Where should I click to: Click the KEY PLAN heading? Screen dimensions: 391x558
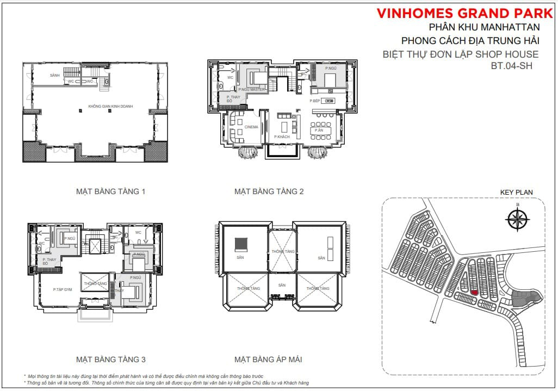point(516,192)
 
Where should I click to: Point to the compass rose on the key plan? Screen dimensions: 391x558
point(518,219)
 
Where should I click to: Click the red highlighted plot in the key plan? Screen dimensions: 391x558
point(474,293)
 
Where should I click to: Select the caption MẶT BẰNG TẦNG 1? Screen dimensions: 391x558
point(110,191)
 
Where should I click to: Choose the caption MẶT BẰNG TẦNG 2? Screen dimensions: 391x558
point(269,191)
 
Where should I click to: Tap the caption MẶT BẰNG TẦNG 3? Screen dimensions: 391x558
point(110,359)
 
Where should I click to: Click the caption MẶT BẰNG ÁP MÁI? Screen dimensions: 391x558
point(268,359)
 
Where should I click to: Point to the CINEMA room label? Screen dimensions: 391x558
point(251,127)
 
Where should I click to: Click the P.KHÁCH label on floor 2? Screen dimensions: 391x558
point(282,136)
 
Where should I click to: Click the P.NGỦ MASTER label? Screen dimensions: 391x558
point(251,89)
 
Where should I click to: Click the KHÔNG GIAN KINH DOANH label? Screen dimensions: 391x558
point(110,107)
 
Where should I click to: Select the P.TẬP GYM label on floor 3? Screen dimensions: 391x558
point(63,289)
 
